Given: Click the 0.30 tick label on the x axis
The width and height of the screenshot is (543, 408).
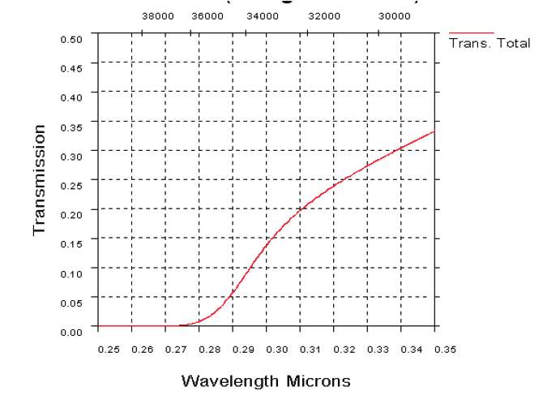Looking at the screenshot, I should click(x=277, y=349).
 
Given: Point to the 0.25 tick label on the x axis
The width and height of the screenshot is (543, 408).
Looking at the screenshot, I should click(x=109, y=349).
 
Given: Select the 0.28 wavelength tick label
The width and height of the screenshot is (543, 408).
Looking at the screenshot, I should click(x=210, y=349).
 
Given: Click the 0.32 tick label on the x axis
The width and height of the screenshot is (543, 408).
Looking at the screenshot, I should click(x=344, y=349).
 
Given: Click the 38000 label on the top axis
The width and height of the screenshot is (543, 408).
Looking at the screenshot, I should click(x=157, y=16).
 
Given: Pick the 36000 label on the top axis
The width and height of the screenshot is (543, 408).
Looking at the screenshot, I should click(x=207, y=16).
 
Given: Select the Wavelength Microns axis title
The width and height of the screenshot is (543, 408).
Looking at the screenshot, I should click(x=266, y=380).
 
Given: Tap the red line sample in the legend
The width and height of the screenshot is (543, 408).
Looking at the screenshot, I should click(x=470, y=33).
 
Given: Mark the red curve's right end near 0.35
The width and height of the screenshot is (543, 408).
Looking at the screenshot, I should click(x=434, y=131).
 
